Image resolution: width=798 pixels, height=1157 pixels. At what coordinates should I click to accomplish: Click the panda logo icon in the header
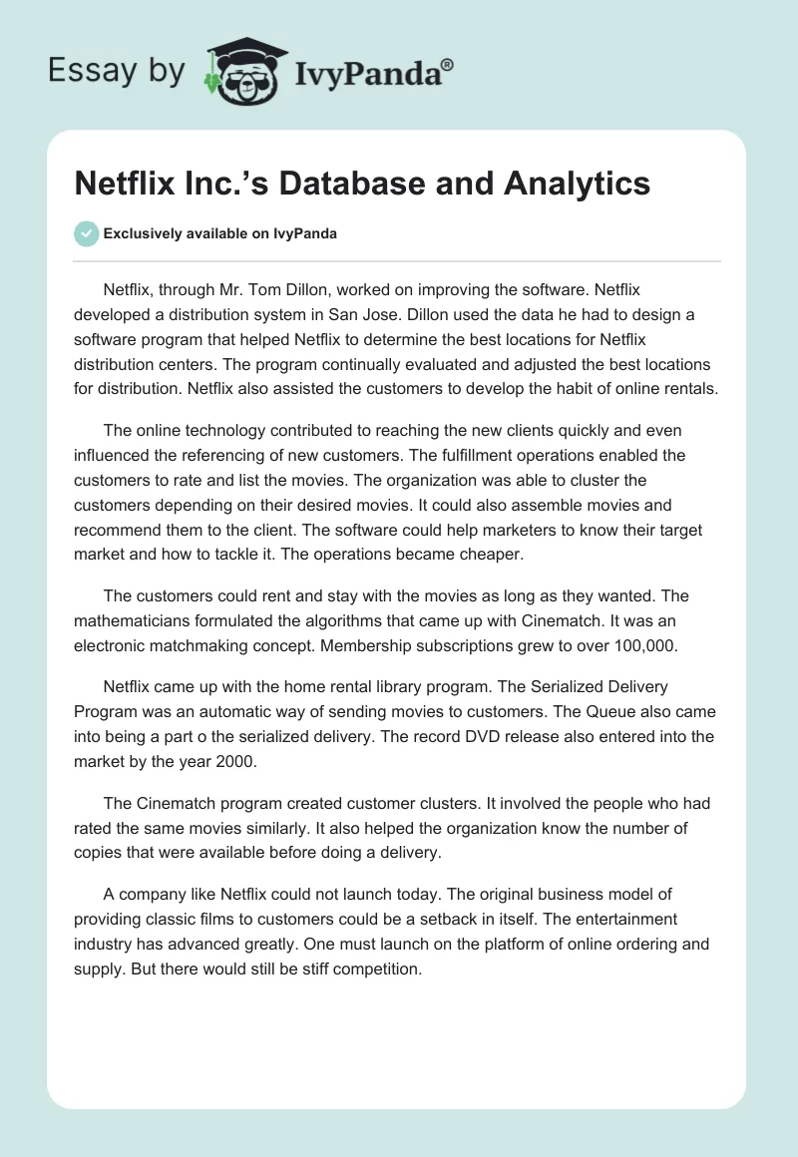[243, 71]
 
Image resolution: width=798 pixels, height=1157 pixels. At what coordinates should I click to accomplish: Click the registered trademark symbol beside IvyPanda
[448, 65]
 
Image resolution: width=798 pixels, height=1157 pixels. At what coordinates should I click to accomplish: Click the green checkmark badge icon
[86, 233]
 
